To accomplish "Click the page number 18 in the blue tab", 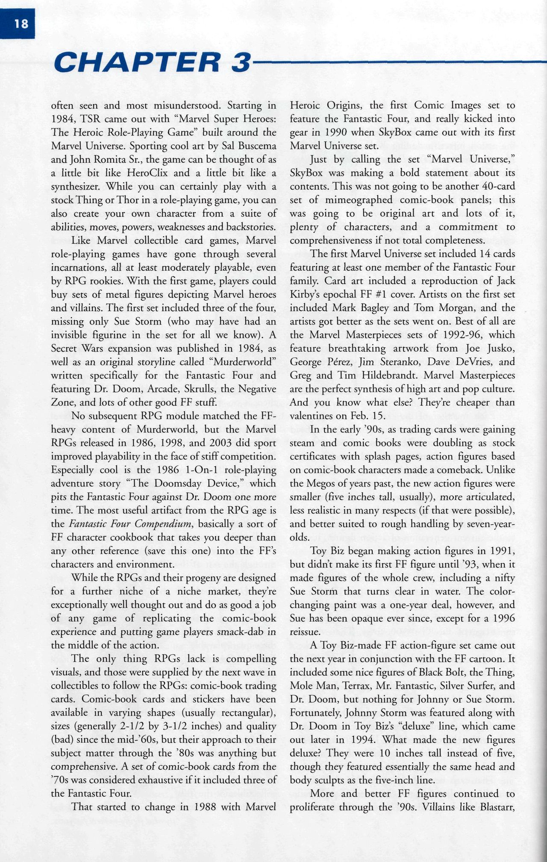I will pyautogui.click(x=21, y=24).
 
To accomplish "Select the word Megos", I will pyautogui.click(x=320, y=483).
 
